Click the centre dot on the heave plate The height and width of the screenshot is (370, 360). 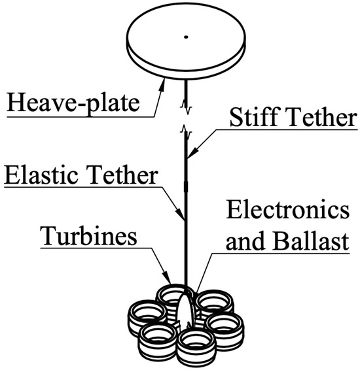(186, 37)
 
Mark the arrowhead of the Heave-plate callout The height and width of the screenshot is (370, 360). (163, 78)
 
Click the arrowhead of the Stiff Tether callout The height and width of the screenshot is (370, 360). (188, 158)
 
